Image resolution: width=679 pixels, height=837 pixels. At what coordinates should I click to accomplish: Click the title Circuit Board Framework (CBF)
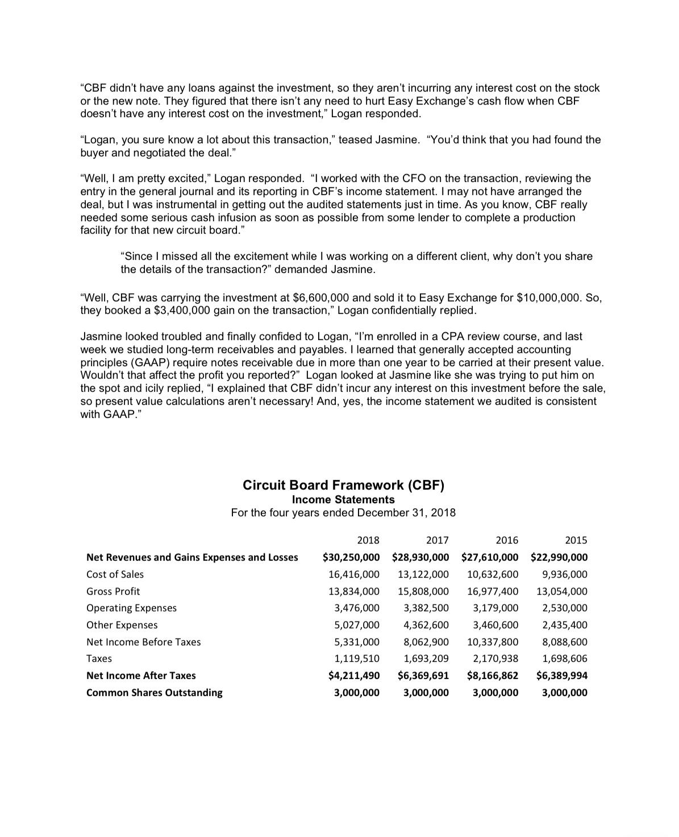click(x=343, y=485)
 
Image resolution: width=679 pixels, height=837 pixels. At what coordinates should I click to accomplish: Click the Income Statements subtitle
click(x=343, y=500)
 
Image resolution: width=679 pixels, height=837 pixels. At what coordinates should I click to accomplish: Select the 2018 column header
click(x=368, y=540)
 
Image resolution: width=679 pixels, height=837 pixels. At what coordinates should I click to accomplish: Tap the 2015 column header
click(x=576, y=540)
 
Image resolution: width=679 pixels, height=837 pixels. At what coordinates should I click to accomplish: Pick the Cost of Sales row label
click(x=115, y=574)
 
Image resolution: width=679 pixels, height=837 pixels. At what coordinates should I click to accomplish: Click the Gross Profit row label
click(x=113, y=591)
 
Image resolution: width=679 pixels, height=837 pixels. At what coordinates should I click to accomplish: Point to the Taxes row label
click(x=99, y=659)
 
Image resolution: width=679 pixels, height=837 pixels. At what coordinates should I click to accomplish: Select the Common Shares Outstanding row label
click(x=154, y=693)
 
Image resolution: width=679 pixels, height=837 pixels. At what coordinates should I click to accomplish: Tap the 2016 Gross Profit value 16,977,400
click(x=493, y=591)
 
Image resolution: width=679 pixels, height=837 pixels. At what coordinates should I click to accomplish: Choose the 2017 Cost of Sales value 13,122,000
click(x=423, y=574)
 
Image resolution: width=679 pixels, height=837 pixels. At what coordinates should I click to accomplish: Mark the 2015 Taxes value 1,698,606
click(x=565, y=659)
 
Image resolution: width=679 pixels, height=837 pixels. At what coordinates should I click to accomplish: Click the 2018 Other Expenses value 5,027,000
click(x=357, y=625)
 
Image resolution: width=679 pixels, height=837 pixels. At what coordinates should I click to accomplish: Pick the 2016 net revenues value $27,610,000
click(x=490, y=557)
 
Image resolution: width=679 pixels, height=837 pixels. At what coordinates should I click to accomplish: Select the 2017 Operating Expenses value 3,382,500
click(x=426, y=608)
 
